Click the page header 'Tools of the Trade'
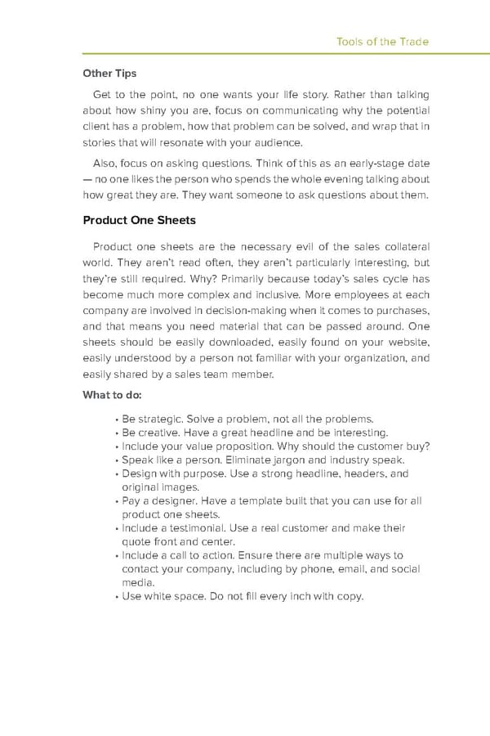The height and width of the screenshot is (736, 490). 383,42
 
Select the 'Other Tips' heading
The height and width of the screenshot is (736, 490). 111,73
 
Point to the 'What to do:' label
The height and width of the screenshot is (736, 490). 113,395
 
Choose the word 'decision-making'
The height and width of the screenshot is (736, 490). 234,311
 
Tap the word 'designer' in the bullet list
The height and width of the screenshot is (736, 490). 169,500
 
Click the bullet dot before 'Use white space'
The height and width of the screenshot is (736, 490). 118,597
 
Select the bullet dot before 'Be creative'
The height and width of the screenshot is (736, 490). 118,433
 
